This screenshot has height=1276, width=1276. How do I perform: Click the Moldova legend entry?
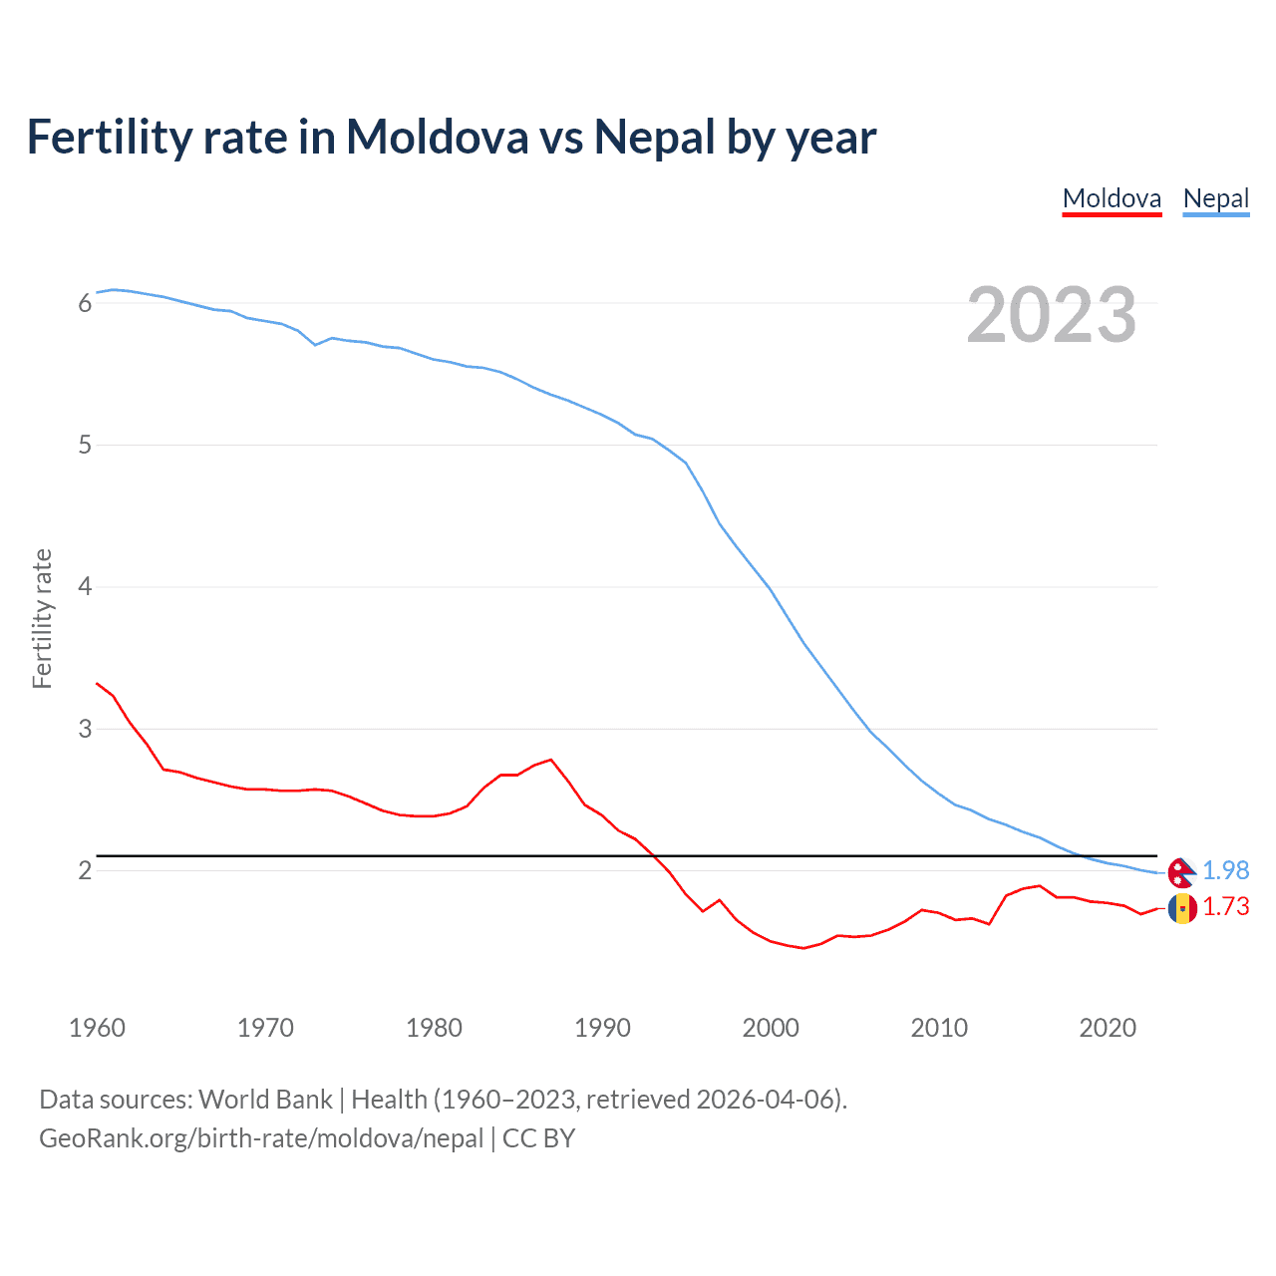pos(1112,198)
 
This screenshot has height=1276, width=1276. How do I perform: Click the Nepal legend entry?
pos(1215,198)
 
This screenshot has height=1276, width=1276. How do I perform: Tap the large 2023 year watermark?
pos(1051,315)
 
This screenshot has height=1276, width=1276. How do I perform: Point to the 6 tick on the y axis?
pos(85,303)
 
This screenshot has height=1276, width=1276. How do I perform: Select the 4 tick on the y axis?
pos(85,586)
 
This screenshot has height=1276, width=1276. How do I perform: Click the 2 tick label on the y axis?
pos(85,870)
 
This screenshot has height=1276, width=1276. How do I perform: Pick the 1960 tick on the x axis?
pos(97,1028)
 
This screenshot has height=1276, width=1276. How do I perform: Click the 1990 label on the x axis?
pos(602,1028)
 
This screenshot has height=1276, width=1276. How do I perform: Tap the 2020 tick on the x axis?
pos(1108,1028)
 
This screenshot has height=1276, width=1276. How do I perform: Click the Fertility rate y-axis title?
pos(42,618)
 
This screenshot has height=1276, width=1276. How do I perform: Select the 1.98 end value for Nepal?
pos(1225,870)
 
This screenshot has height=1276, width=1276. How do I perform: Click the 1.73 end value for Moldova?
pos(1225,906)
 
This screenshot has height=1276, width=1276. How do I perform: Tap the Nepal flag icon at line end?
pos(1181,873)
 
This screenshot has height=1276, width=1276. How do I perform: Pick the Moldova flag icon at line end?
pos(1182,908)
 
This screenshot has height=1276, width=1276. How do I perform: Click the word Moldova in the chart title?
pos(437,138)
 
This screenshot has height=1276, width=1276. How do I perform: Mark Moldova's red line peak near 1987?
pos(551,760)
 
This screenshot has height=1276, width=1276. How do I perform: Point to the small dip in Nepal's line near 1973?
pos(315,345)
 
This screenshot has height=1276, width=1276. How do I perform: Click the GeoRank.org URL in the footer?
pos(261,1138)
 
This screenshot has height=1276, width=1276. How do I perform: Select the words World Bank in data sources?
pos(265,1100)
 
